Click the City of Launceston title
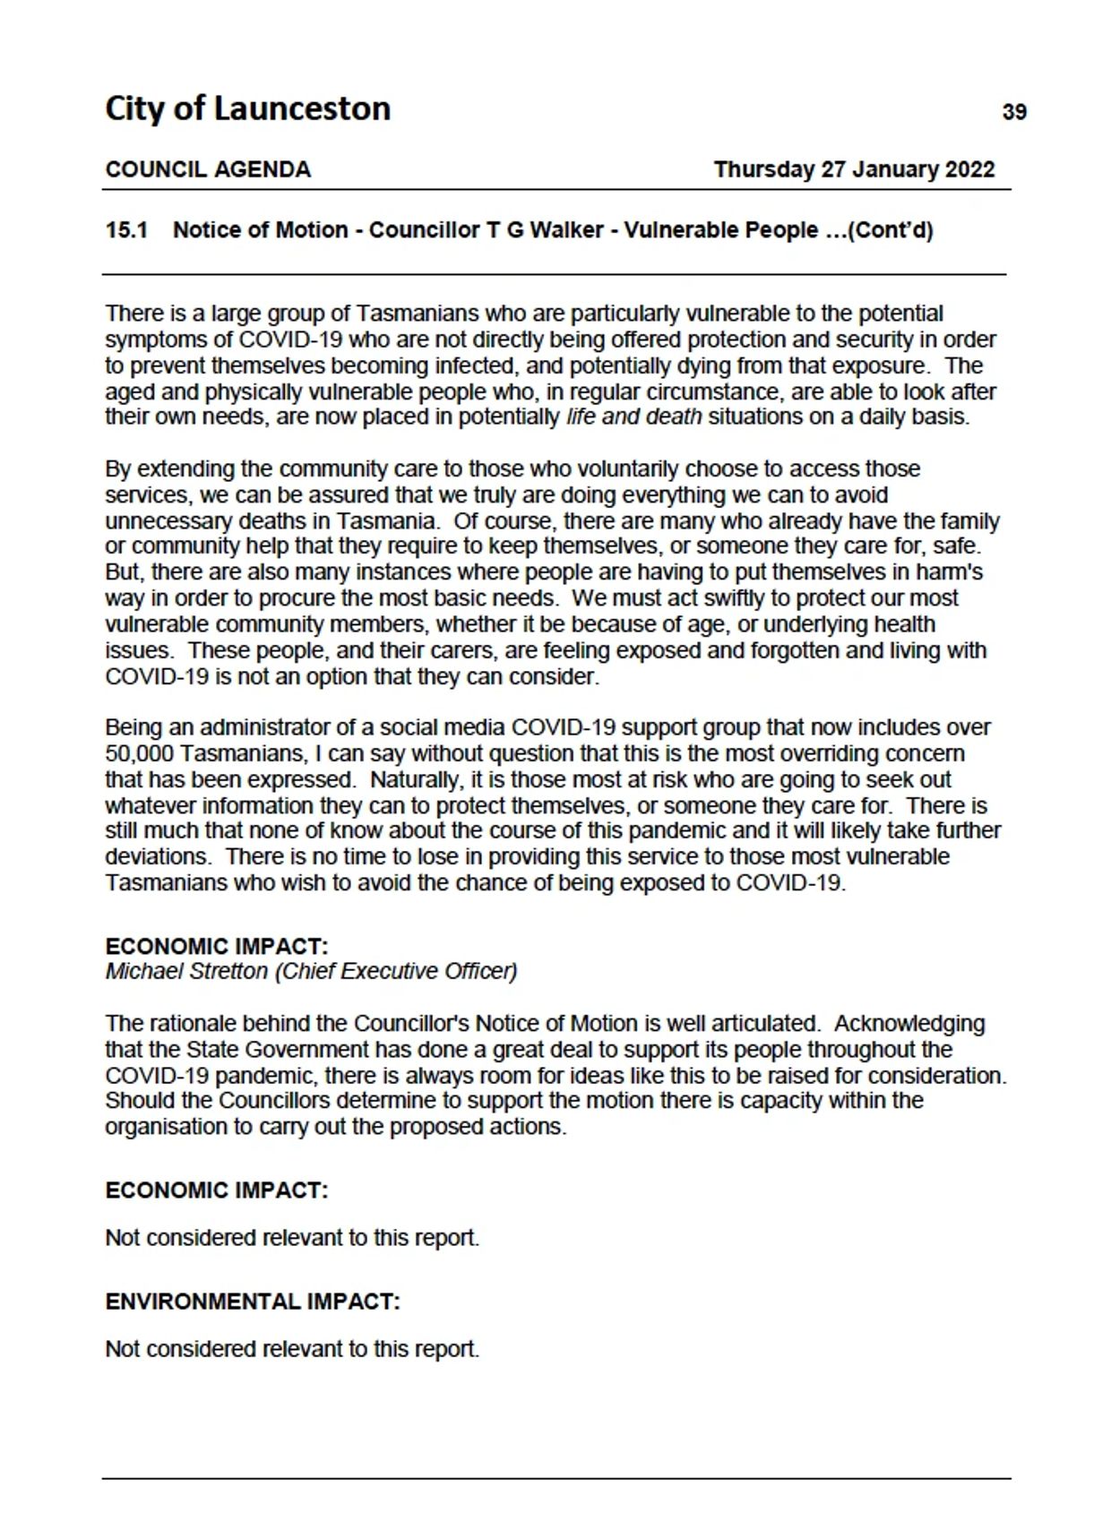click(247, 109)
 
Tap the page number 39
click(1013, 113)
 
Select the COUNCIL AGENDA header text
click(208, 170)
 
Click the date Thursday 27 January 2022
click(854, 170)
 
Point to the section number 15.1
click(126, 230)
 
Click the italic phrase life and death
click(633, 417)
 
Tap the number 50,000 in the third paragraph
click(140, 754)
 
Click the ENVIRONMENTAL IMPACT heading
click(253, 1302)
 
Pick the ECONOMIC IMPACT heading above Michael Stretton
click(217, 947)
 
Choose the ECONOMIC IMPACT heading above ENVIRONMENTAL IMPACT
click(217, 1190)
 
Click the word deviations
click(159, 857)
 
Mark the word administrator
click(221, 728)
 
